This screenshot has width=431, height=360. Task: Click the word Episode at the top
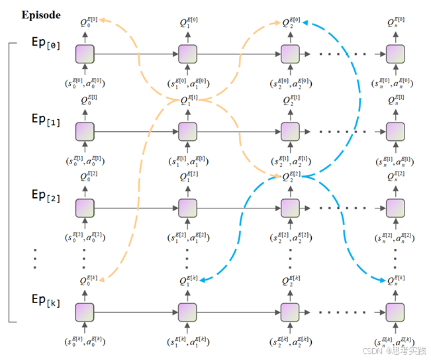(41, 15)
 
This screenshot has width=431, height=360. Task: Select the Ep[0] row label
(46, 43)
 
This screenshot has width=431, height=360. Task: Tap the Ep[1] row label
(46, 119)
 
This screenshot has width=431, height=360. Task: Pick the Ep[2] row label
(46, 196)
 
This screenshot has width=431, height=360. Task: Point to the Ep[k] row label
(46, 302)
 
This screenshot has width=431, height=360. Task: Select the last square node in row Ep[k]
(395, 312)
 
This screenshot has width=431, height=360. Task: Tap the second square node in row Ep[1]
(187, 131)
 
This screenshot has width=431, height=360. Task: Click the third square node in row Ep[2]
(289, 208)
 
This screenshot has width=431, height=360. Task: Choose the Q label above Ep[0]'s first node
(88, 23)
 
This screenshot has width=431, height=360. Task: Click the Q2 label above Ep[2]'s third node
(291, 177)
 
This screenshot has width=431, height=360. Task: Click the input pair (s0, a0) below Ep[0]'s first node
(86, 84)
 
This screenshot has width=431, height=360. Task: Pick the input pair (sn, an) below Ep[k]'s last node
(395, 342)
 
